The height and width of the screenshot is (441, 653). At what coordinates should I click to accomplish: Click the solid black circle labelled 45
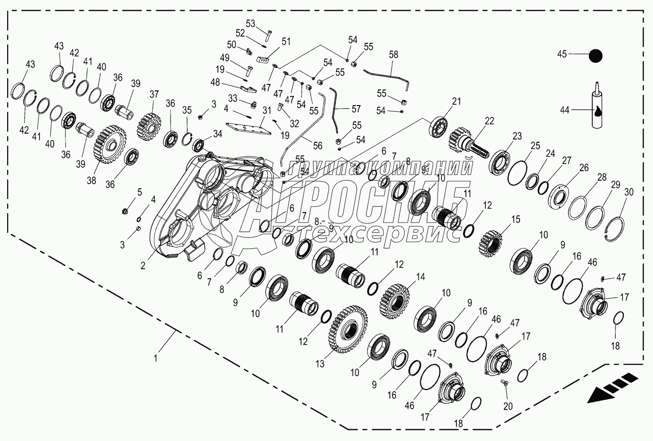click(x=595, y=56)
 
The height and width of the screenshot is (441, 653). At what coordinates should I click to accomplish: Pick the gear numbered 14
click(x=395, y=301)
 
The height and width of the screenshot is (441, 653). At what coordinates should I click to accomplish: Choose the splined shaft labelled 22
click(x=468, y=142)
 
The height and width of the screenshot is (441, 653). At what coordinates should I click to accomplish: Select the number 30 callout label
click(x=629, y=192)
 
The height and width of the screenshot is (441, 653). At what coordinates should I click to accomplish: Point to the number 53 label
click(x=250, y=24)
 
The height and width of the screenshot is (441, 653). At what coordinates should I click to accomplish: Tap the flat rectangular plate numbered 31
click(x=246, y=128)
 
